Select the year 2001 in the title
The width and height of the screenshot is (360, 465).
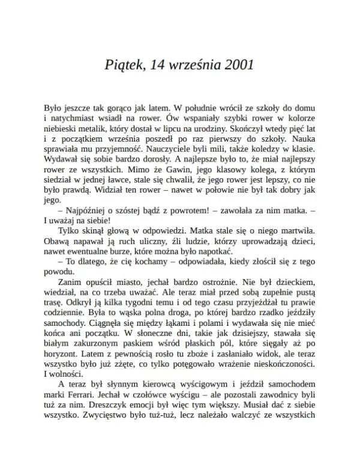[235, 64]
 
